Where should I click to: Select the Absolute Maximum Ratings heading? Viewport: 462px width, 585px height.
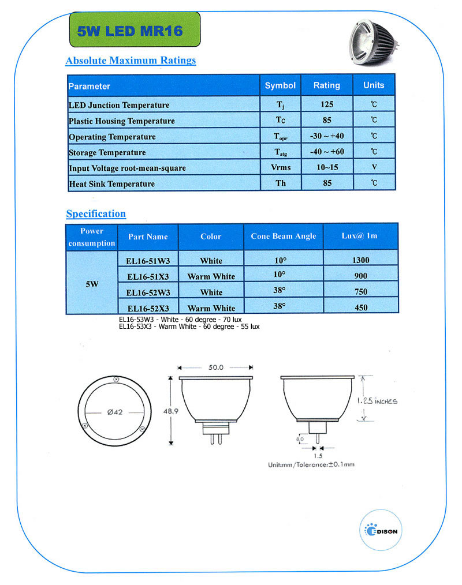pos(131,61)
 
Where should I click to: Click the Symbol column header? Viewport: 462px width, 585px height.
pos(280,85)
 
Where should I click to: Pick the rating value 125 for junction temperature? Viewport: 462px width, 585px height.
pos(326,105)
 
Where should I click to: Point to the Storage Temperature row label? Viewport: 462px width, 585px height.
pos(107,152)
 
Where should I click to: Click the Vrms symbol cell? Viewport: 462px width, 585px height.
pos(280,168)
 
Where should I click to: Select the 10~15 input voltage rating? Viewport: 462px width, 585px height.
pos(326,168)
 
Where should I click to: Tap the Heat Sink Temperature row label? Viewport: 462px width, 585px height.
pos(111,183)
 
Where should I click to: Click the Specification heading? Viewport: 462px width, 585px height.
pos(96,214)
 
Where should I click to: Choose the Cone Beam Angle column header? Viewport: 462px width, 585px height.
pos(284,237)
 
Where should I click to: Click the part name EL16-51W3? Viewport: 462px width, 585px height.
pos(148,261)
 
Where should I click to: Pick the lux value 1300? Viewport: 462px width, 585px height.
pos(360,261)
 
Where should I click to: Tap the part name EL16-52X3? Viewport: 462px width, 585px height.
pos(148,308)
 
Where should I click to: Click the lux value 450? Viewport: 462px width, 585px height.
pos(360,308)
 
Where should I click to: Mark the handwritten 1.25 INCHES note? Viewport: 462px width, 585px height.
pos(375,400)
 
